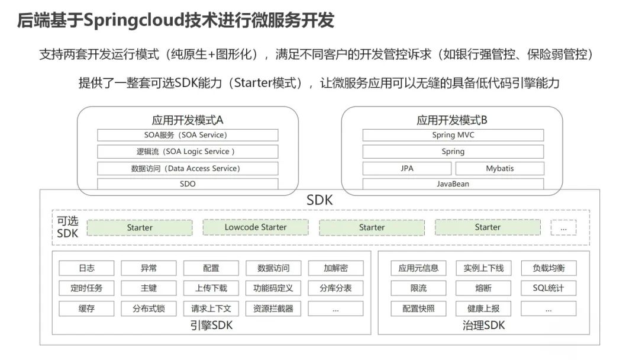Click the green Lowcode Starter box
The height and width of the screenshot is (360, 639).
click(x=256, y=227)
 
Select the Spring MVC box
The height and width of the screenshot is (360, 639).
click(x=453, y=135)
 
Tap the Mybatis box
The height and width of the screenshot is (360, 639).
click(x=500, y=168)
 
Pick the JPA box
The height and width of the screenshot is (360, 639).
click(x=407, y=168)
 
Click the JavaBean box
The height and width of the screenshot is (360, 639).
click(x=453, y=184)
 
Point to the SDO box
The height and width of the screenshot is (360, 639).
click(x=188, y=184)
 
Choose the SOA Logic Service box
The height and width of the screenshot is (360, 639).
click(x=188, y=152)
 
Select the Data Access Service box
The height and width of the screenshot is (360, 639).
click(x=188, y=168)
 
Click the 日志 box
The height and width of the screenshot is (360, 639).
click(x=86, y=268)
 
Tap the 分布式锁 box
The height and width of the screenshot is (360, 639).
click(x=149, y=308)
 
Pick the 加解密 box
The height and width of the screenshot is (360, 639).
click(x=335, y=268)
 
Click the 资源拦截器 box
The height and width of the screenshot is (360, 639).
click(x=273, y=308)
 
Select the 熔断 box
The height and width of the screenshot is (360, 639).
click(x=483, y=288)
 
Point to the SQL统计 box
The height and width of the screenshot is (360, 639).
click(x=548, y=288)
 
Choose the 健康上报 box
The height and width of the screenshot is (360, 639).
click(x=483, y=308)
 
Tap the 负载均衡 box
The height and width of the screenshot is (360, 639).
click(x=548, y=268)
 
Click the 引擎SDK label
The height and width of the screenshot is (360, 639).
click(x=211, y=325)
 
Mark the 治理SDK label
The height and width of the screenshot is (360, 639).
click(x=483, y=325)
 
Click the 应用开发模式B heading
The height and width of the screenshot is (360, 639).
click(x=452, y=120)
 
